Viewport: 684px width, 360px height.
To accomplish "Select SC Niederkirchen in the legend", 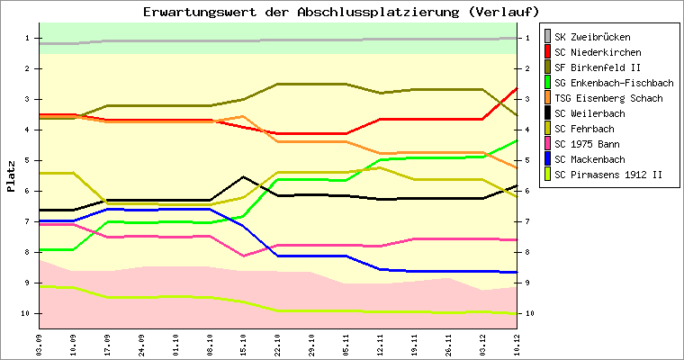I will click(598, 53).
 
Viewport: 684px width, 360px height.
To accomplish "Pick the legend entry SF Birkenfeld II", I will click(598, 68).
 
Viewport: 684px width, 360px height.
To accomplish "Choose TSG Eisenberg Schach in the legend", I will click(608, 99).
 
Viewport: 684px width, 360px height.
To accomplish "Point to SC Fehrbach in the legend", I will click(589, 130).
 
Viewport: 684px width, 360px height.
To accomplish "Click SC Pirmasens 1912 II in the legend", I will click(608, 175).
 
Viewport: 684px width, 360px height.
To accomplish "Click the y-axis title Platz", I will click(11, 176).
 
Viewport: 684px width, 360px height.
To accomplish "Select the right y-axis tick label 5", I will click(527, 160).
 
